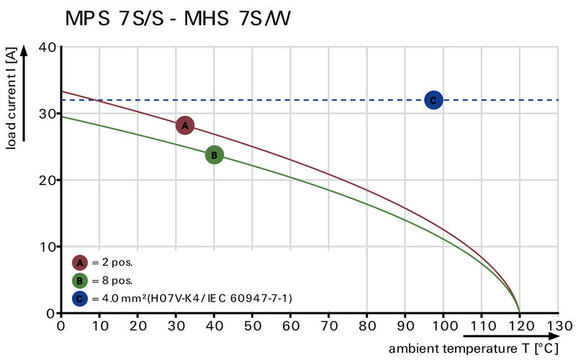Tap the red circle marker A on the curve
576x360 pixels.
click(x=185, y=125)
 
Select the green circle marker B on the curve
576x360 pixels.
click(x=214, y=155)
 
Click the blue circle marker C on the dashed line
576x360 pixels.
click(x=433, y=100)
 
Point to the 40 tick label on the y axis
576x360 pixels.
click(x=48, y=47)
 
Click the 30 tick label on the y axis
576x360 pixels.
click(x=48, y=113)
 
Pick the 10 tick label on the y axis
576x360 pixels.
click(x=48, y=246)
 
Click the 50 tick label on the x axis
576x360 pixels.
click(x=252, y=325)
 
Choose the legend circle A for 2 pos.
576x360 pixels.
click(x=80, y=262)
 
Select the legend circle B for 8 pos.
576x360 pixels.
click(x=80, y=280)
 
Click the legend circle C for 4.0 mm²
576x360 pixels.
click(x=80, y=297)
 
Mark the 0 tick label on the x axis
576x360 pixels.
click(x=61, y=325)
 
